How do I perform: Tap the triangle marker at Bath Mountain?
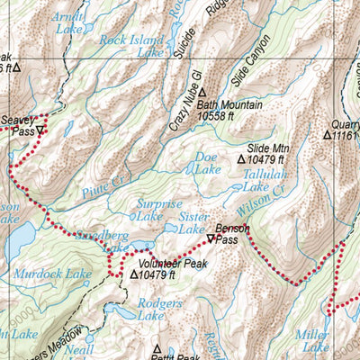click(203, 92)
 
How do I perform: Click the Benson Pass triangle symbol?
click(211, 239)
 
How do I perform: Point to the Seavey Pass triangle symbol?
click(40, 130)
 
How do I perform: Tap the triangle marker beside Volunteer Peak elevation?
click(134, 275)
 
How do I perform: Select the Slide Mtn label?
click(268, 148)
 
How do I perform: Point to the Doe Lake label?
click(208, 162)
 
